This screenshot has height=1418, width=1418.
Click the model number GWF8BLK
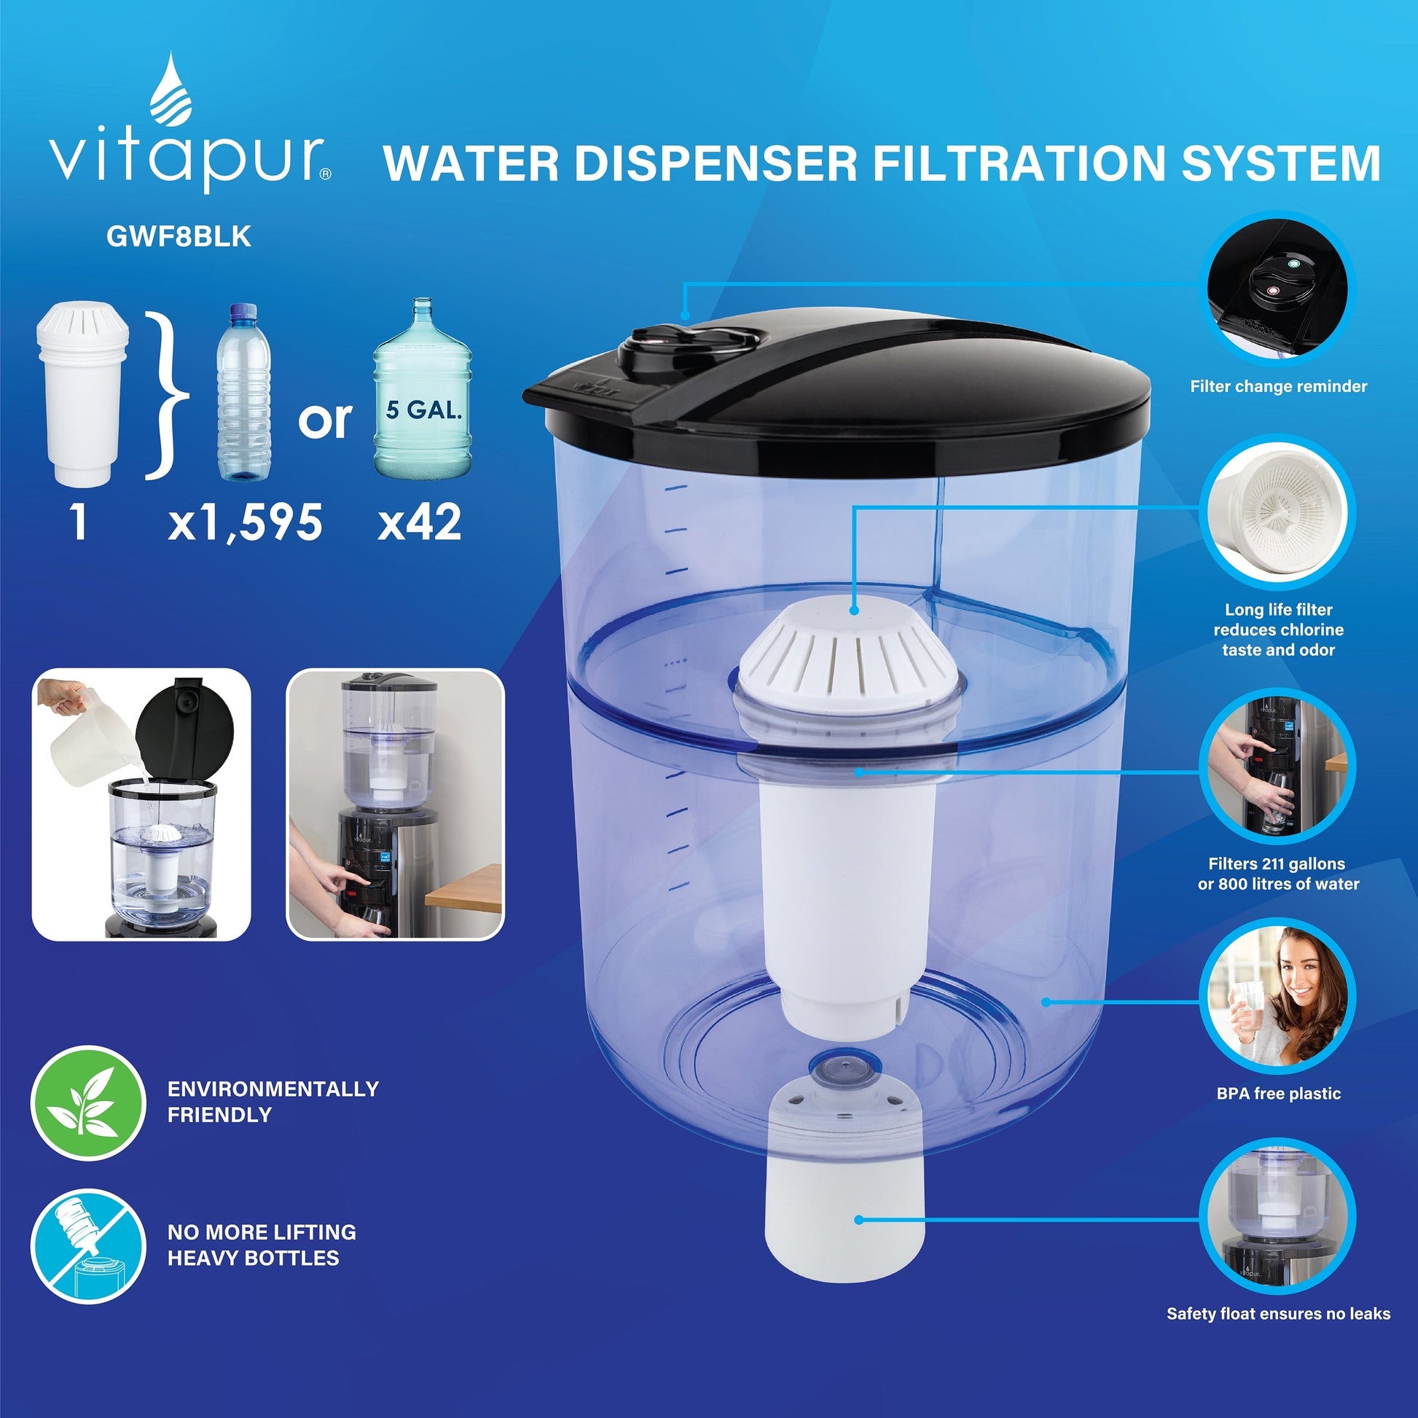tap(179, 236)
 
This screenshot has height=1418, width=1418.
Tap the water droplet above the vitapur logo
tap(171, 88)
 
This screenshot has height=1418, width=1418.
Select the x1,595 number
tap(245, 522)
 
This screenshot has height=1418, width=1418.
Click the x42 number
tap(420, 522)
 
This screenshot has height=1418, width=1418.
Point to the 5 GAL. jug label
tap(424, 410)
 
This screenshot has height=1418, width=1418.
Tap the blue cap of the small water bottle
tap(244, 312)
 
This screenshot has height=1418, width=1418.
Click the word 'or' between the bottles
tap(324, 420)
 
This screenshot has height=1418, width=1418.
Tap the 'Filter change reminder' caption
tap(1279, 387)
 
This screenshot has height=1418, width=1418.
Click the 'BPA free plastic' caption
tap(1279, 1094)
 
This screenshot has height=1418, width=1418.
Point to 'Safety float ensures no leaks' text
tap(1279, 1314)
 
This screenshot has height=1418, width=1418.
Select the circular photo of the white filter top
tap(1278, 512)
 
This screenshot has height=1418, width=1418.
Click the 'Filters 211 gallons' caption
tap(1277, 864)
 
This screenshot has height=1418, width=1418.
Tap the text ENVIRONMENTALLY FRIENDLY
tap(273, 1102)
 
